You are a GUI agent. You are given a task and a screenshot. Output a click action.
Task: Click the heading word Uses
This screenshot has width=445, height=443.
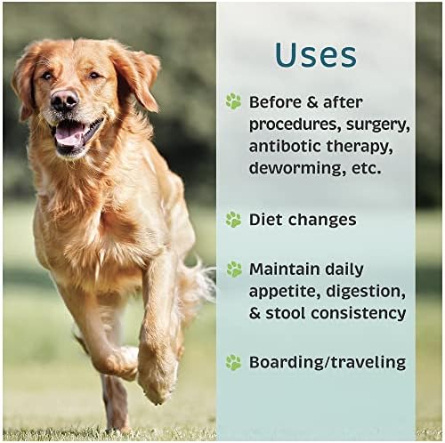pyautogui.click(x=316, y=55)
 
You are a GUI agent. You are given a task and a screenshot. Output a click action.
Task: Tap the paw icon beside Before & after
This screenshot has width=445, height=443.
pyautogui.click(x=234, y=101)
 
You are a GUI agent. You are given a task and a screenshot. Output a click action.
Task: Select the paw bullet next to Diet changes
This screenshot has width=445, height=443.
pyautogui.click(x=234, y=220)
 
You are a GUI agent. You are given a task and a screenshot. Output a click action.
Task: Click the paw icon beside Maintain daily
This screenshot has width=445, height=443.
pyautogui.click(x=234, y=270)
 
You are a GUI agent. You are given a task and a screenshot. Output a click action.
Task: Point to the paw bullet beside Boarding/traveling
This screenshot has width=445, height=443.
pyautogui.click(x=234, y=362)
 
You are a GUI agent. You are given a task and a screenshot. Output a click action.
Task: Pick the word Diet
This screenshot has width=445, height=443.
pyautogui.click(x=266, y=220)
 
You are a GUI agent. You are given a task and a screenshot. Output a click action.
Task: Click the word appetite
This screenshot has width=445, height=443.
pyautogui.click(x=285, y=292)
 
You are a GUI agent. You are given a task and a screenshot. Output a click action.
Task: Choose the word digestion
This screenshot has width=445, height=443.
pyautogui.click(x=366, y=292)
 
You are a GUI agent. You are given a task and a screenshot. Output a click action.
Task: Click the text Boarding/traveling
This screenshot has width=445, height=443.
pyautogui.click(x=328, y=362)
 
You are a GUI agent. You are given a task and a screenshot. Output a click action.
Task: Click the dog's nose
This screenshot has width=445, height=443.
pyautogui.click(x=64, y=100)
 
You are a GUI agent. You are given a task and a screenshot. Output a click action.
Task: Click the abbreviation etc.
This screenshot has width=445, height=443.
pyautogui.click(x=366, y=169)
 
